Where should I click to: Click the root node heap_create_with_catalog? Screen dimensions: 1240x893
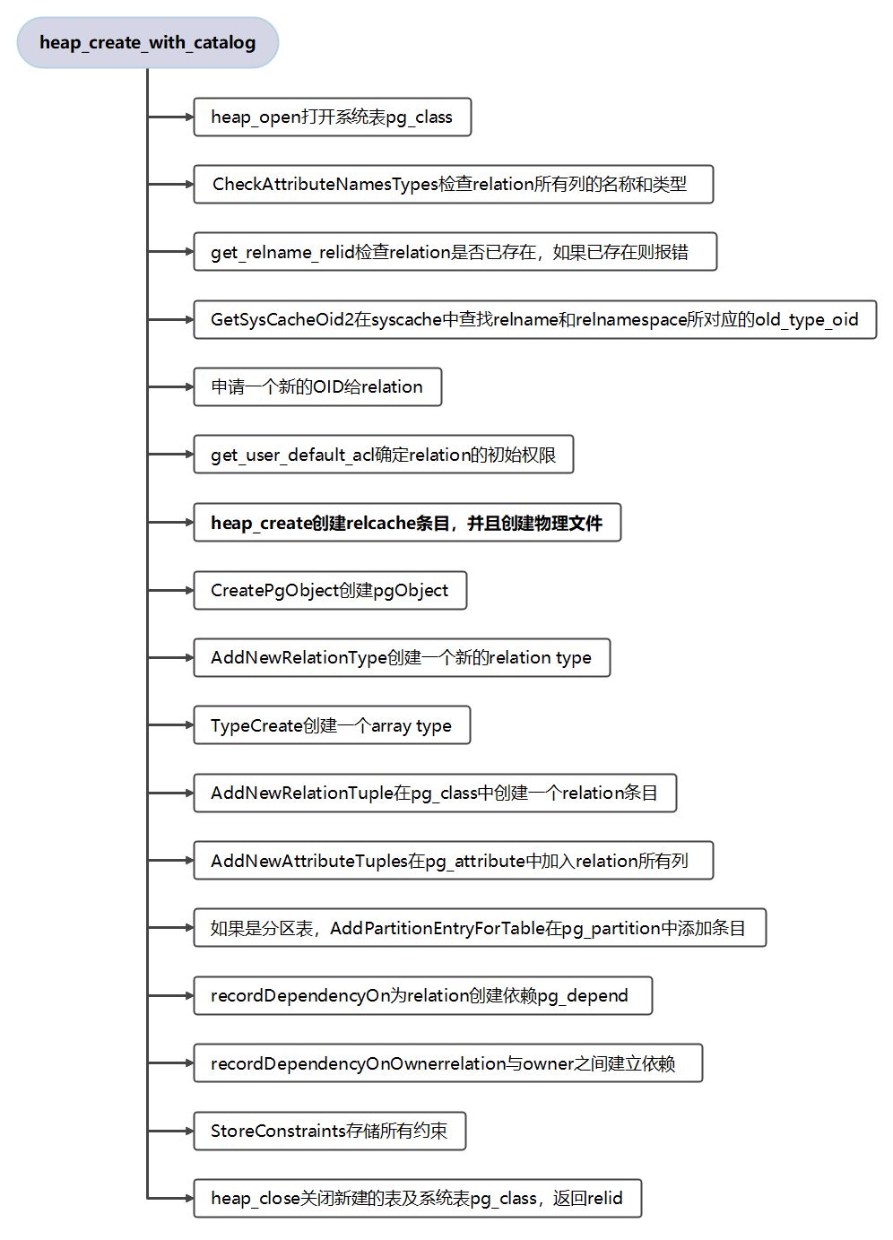pyautogui.click(x=148, y=43)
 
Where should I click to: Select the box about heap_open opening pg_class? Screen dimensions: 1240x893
pyautogui.click(x=332, y=117)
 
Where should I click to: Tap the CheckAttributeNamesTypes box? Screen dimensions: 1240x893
pyautogui.click(x=453, y=185)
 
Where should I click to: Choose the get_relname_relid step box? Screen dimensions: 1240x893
pyautogui.click(x=455, y=252)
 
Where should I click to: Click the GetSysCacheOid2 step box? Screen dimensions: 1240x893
pyautogui.click(x=534, y=320)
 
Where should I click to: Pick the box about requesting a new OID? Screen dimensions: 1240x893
pyautogui.click(x=317, y=387)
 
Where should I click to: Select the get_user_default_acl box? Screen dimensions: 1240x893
pyautogui.click(x=383, y=455)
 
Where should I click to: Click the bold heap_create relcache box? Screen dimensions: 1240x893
pyautogui.click(x=407, y=523)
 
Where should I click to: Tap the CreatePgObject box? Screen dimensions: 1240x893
pyautogui.click(x=330, y=591)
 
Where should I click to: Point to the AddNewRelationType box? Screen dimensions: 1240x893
pyautogui.click(x=402, y=658)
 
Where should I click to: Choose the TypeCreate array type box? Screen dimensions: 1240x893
pyautogui.click(x=332, y=725)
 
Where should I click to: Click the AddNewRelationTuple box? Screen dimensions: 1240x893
pyautogui.click(x=435, y=793)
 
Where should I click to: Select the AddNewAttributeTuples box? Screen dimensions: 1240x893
pyautogui.click(x=453, y=861)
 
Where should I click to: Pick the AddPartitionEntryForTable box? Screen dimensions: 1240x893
pyautogui.click(x=480, y=928)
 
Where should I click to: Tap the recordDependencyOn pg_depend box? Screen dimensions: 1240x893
pyautogui.click(x=422, y=996)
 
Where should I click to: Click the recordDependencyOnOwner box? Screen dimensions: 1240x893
pyautogui.click(x=447, y=1063)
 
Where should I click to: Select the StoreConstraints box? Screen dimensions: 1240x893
pyautogui.click(x=330, y=1131)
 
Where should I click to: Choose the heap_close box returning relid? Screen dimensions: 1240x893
pyautogui.click(x=417, y=1199)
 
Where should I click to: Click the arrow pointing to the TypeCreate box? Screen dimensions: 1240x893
pyautogui.click(x=170, y=725)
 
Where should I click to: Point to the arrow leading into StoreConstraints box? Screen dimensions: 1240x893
pyautogui.click(x=170, y=1131)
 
